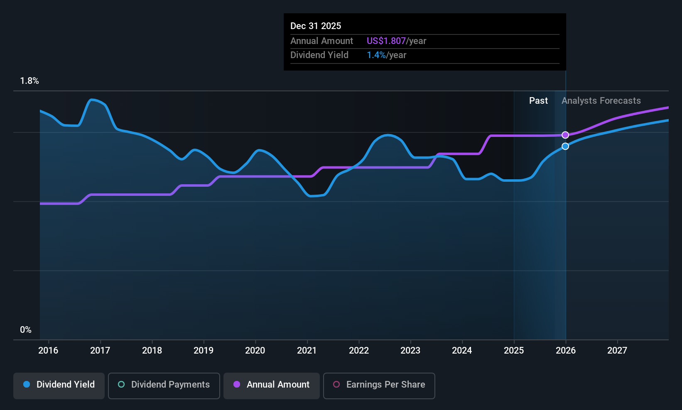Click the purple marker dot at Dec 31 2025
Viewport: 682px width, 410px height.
click(565, 135)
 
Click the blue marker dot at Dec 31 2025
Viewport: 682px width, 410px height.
click(565, 146)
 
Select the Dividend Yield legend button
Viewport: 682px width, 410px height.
click(59, 386)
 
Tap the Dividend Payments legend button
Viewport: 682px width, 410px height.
click(164, 386)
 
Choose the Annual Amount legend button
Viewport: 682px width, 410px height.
click(272, 386)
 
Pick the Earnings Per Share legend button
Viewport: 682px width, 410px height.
click(379, 386)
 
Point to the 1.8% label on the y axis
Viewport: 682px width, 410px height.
click(29, 81)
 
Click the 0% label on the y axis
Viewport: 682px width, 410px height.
click(26, 330)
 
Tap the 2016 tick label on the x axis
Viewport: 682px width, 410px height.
click(49, 350)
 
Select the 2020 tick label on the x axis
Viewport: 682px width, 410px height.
click(255, 350)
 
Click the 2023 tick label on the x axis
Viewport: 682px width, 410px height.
click(410, 350)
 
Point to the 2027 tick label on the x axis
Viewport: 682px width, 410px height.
click(617, 350)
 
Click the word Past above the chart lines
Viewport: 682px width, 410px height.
click(538, 101)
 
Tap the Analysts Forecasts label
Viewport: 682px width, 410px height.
click(601, 101)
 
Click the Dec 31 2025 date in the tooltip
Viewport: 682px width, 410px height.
click(316, 26)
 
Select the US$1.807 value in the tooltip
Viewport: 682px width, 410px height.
click(386, 41)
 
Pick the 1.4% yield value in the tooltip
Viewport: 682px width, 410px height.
click(376, 55)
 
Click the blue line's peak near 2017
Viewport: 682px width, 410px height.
click(91, 100)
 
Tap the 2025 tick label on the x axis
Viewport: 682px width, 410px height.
click(514, 350)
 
